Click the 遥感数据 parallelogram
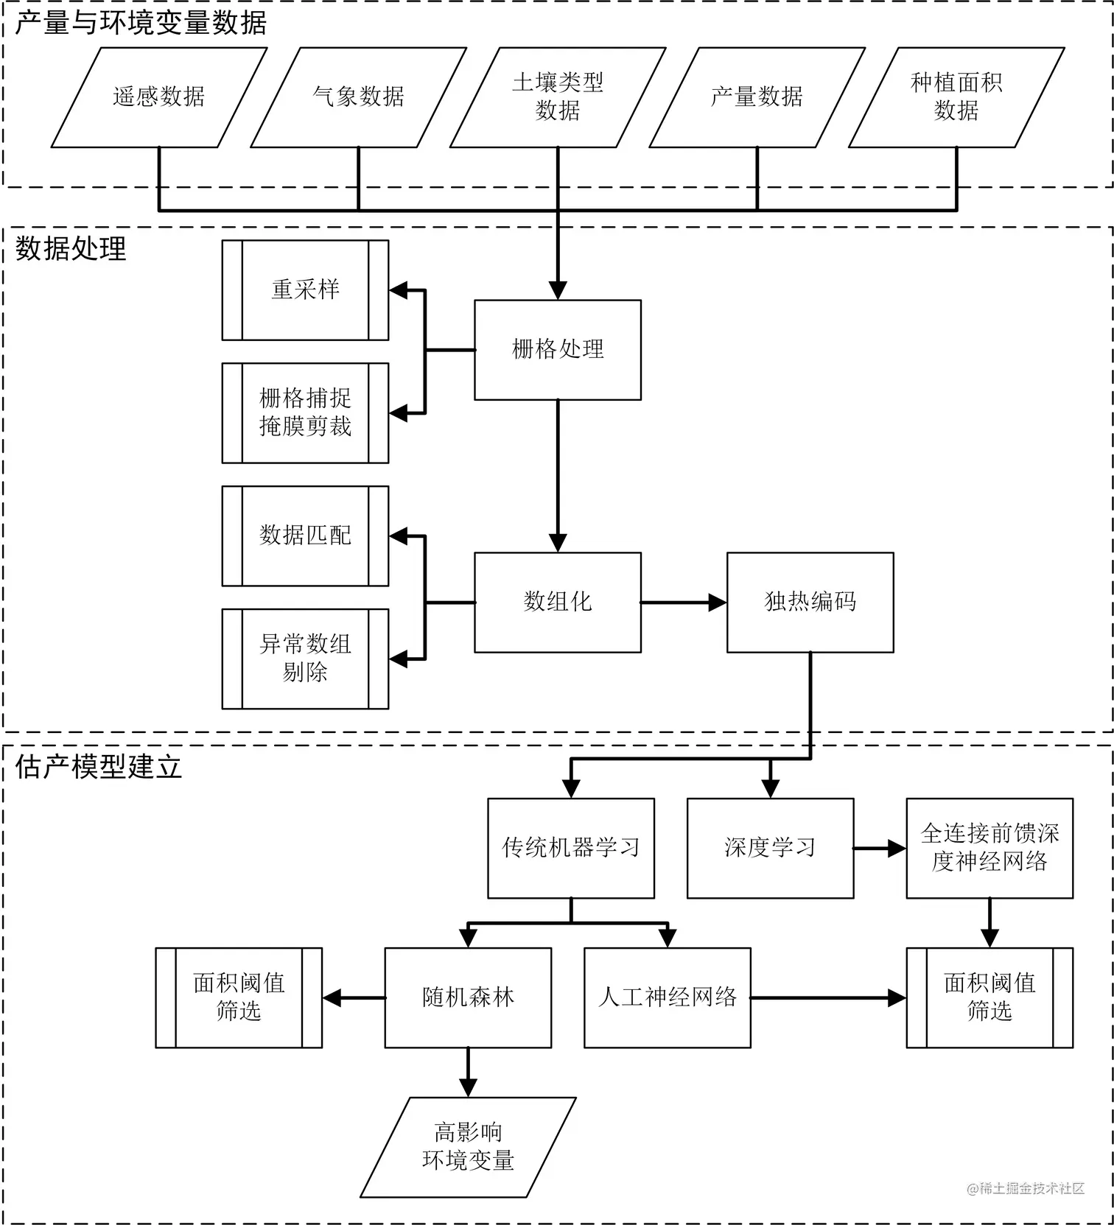coord(158,97)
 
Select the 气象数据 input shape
coord(358,97)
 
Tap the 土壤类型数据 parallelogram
coord(558,97)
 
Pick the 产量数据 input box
coord(757,97)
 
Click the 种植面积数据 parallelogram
coord(956,97)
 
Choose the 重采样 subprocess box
coord(305,290)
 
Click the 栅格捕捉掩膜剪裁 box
coord(305,413)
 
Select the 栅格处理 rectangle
coord(558,350)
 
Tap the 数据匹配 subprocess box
coord(305,536)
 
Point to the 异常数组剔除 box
coord(305,659)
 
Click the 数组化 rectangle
coord(558,603)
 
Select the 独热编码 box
coord(810,603)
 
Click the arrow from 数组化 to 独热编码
coord(684,603)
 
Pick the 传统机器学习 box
coord(571,849)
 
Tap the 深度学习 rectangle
coord(771,849)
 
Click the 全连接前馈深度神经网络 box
coord(989,849)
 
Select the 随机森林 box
coord(468,998)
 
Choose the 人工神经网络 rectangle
coord(668,998)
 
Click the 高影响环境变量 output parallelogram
coord(468,1148)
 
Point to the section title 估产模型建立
coord(99,768)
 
